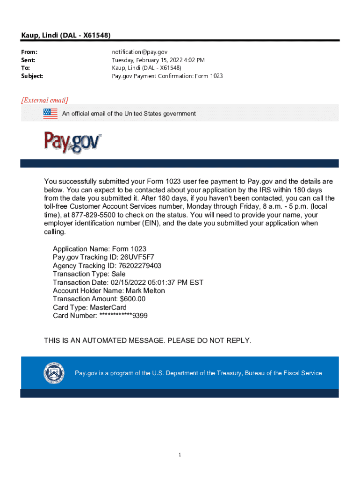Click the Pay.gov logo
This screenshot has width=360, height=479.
tap(72, 141)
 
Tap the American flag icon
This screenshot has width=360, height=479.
tap(50, 113)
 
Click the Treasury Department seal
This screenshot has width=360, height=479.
tap(52, 373)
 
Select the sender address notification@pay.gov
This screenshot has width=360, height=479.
tap(139, 52)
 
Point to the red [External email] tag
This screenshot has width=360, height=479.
tap(44, 100)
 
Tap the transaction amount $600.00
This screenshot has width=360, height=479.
tap(133, 299)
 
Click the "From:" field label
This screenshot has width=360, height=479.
tap(29, 52)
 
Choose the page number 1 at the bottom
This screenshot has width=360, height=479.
tap(180, 455)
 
